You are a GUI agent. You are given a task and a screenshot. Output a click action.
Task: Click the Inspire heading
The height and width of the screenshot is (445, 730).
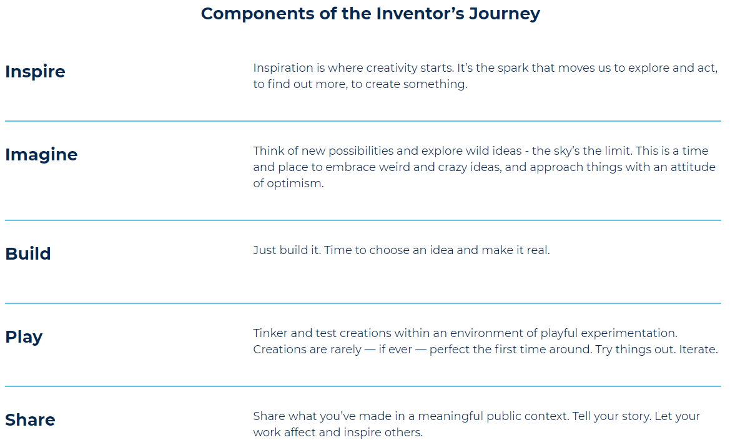click(x=35, y=72)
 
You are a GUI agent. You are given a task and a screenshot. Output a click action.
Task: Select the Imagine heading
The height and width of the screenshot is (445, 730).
click(x=41, y=155)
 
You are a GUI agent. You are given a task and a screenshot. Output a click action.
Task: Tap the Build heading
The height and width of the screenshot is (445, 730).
click(x=28, y=254)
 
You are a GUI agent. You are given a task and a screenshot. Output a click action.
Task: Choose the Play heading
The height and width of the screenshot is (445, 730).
click(x=24, y=337)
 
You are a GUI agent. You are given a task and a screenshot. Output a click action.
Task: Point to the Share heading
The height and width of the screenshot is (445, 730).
click(x=30, y=420)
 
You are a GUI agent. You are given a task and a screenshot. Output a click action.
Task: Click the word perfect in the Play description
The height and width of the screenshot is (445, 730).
click(x=450, y=350)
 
